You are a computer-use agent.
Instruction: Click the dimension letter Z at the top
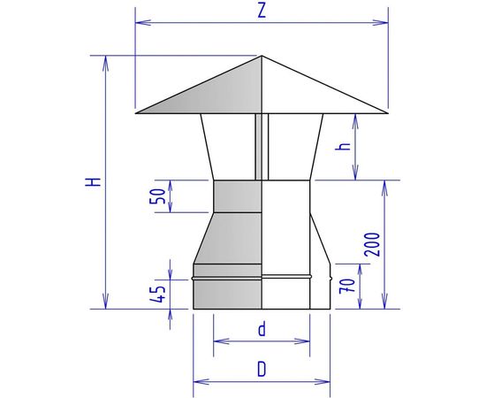click(262, 11)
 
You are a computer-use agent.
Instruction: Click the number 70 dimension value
click(346, 286)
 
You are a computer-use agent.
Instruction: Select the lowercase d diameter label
click(262, 330)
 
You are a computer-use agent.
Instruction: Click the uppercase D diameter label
click(262, 370)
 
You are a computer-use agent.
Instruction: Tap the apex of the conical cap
click(262, 57)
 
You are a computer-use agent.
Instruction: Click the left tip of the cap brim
click(136, 112)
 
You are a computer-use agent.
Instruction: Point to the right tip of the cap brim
click(388, 112)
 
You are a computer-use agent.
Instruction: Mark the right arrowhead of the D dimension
click(328, 382)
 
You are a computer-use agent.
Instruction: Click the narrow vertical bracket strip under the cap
click(258, 146)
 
